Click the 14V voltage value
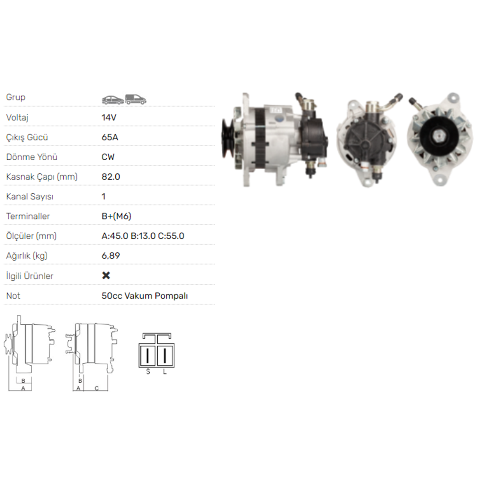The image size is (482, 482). coord(109,118)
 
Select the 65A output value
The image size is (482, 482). coord(110,137)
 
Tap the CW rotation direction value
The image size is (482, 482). coord(108,157)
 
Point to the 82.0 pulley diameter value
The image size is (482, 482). coord(111,177)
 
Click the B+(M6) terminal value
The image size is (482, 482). coord(116,216)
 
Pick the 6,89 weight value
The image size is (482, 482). coord(111,256)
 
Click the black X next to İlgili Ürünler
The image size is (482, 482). coord(106,275)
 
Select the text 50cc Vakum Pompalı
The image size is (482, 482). coord(145,296)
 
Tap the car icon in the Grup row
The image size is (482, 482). coord(113,100)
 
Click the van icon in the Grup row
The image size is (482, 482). coord(136,99)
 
